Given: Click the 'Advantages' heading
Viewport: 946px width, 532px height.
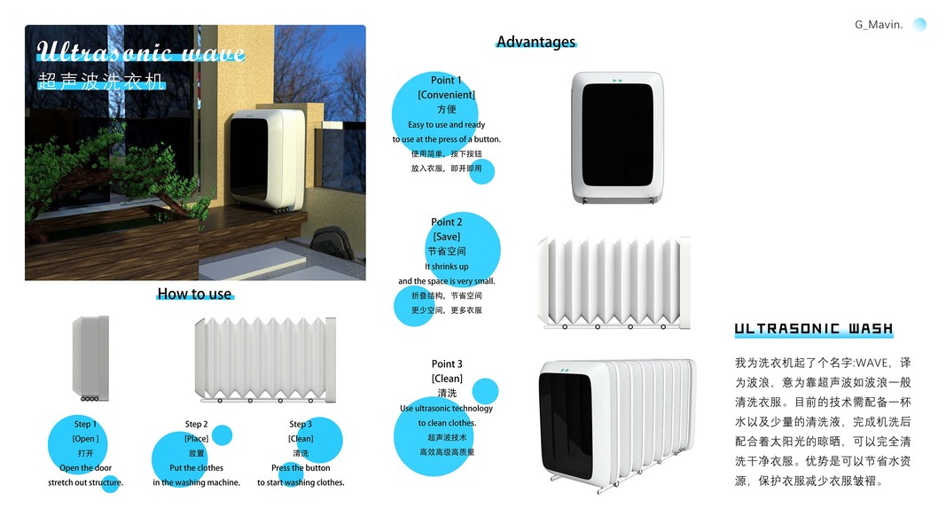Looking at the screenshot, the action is tap(536, 42).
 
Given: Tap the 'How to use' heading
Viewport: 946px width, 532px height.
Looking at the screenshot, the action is tap(194, 293).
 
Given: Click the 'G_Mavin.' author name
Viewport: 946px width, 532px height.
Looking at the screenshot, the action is tap(878, 25).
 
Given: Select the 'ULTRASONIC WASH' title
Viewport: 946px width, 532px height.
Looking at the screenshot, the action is tap(814, 329).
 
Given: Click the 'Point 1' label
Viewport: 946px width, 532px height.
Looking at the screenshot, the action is tap(446, 80).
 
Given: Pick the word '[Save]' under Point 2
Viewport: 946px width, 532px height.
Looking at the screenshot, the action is tap(446, 237).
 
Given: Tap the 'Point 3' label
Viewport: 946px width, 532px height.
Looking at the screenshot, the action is tap(446, 364).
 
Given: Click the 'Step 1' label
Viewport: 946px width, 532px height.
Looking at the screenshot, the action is tap(85, 424).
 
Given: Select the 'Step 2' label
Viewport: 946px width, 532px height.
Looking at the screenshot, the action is tap(196, 424).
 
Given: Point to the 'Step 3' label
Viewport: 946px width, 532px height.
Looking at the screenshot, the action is tap(301, 424).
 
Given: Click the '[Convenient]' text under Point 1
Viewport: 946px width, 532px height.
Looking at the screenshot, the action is tap(446, 94).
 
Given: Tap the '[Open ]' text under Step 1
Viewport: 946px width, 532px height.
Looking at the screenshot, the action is tap(85, 438).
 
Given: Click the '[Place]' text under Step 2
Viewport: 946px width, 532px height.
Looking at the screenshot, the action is tap(196, 438).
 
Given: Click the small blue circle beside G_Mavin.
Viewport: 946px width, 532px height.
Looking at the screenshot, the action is tap(919, 25).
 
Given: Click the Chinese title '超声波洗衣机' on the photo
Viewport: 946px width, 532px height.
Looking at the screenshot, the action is tap(101, 82).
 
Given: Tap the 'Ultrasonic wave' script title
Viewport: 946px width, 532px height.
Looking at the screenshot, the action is tap(140, 53).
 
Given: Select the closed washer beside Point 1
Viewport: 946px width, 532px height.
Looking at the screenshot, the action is tap(617, 137).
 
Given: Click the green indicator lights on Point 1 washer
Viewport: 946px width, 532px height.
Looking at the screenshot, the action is tap(617, 81).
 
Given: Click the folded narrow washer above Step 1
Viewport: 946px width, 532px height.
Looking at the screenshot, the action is tap(90, 356).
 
